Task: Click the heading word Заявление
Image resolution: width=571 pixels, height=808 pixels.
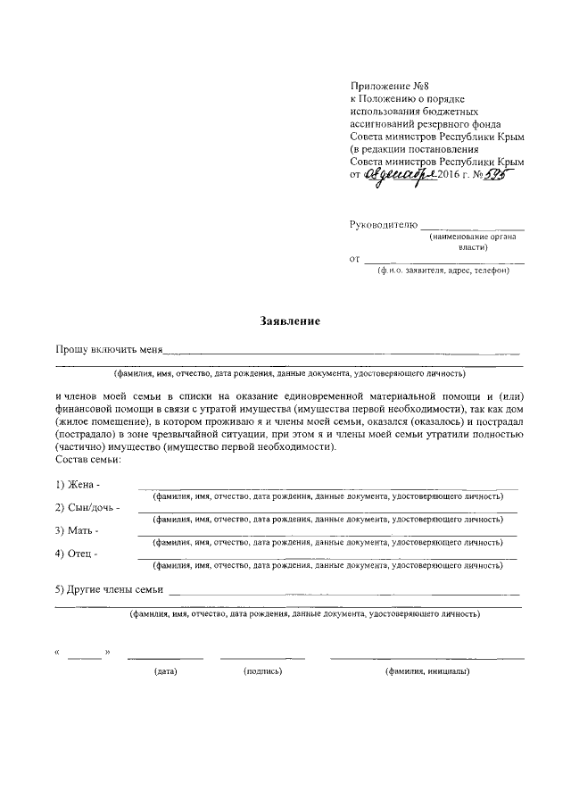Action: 289,320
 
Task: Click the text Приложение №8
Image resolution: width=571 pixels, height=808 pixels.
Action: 386,86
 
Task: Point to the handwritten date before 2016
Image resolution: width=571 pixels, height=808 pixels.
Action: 402,176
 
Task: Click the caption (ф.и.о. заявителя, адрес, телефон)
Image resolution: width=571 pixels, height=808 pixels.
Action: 443,270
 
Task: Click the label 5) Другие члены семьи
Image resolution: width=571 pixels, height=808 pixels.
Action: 109,588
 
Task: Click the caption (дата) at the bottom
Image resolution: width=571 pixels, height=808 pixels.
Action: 165,671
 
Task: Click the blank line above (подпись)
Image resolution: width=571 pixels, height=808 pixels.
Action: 262,659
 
